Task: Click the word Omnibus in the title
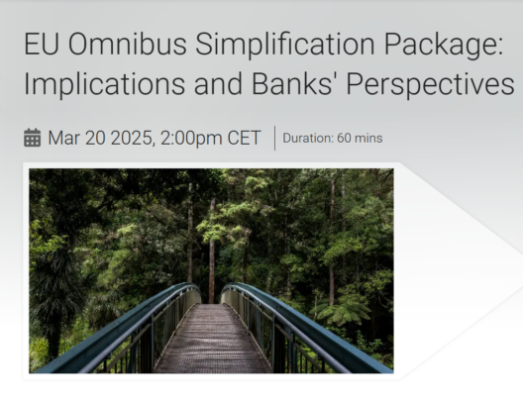tap(127, 44)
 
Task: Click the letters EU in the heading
tap(42, 44)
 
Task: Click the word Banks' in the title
tap(295, 83)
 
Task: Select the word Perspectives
tap(430, 86)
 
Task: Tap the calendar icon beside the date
tap(33, 138)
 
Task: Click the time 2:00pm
tap(191, 139)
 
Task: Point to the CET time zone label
tap(244, 138)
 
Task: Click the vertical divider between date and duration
tap(274, 138)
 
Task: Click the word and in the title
tap(218, 83)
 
